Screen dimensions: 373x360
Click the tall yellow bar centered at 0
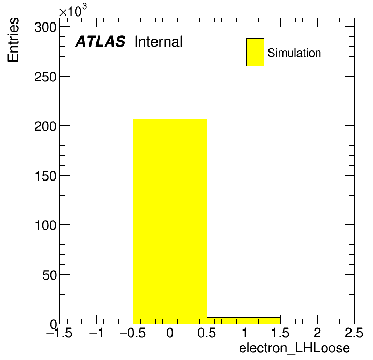[x=170, y=221]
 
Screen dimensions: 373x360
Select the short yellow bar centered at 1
[x=244, y=320]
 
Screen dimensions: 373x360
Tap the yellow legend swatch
[x=255, y=52]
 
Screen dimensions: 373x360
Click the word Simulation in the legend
[x=294, y=52]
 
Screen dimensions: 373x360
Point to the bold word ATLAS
[x=100, y=41]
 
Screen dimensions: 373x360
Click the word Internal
[x=159, y=41]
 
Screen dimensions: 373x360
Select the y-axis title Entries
[x=13, y=40]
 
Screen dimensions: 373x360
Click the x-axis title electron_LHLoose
[x=295, y=348]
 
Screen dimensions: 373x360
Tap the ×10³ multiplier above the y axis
[x=73, y=10]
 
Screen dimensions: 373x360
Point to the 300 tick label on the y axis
[x=45, y=27]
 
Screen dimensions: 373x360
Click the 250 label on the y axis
[x=45, y=77]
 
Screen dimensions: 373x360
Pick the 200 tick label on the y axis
[x=45, y=126]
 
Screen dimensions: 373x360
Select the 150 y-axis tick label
[x=45, y=176]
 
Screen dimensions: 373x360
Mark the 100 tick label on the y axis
[x=45, y=225]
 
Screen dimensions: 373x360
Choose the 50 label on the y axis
[x=49, y=275]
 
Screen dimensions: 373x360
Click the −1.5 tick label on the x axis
[x=59, y=333]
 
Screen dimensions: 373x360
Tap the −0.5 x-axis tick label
[x=133, y=333]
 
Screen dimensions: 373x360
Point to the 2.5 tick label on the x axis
[x=354, y=333]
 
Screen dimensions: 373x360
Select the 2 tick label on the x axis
[x=317, y=333]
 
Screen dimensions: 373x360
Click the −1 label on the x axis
[x=96, y=333]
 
